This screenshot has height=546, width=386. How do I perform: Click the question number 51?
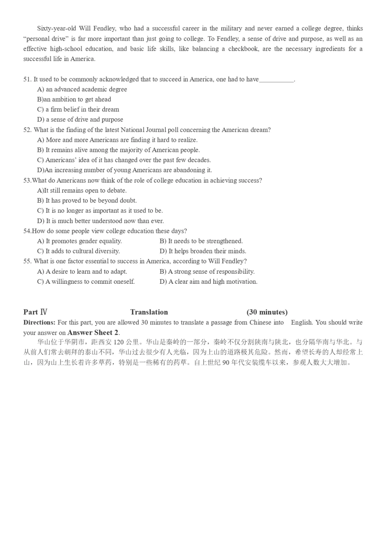tap(27, 79)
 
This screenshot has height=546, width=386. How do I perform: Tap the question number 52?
tap(27, 130)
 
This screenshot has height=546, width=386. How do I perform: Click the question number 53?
tap(27, 180)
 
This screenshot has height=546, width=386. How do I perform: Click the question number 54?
tap(27, 231)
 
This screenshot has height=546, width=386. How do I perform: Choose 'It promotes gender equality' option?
tap(80, 241)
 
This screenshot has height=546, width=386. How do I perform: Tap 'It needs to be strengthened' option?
tap(201, 241)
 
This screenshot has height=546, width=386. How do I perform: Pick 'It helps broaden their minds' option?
tap(203, 251)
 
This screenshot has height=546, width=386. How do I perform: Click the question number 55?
tap(27, 261)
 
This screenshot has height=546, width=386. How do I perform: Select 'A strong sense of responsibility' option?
tap(207, 272)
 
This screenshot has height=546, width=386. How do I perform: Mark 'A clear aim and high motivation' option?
tap(209, 282)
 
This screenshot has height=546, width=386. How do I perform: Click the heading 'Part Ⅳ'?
tap(35, 312)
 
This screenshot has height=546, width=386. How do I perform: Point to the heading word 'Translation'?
tap(149, 312)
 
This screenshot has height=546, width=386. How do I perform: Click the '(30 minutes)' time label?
tap(267, 312)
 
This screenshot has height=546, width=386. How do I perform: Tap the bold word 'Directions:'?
tap(39, 322)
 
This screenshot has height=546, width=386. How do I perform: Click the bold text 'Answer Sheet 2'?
tap(93, 333)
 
